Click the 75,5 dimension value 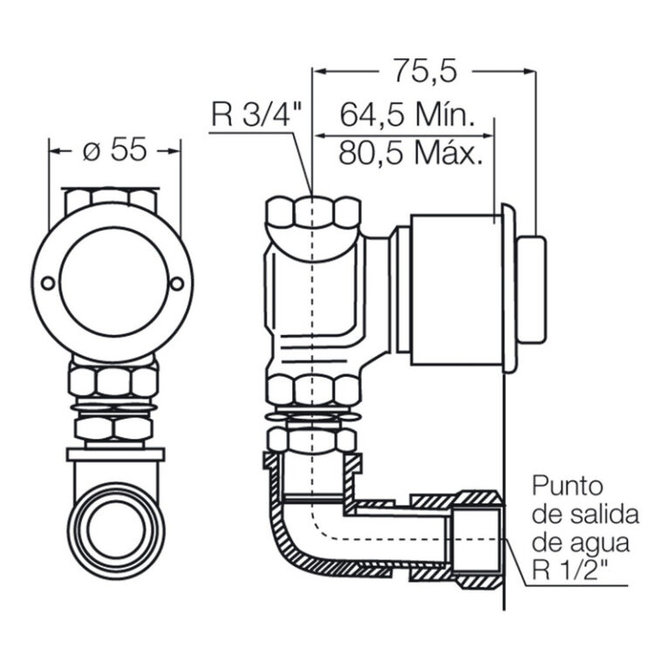pyautogui.click(x=425, y=71)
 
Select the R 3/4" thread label pyautogui.click(x=256, y=114)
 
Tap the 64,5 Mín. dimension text pyautogui.click(x=407, y=114)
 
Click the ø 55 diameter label pyautogui.click(x=114, y=150)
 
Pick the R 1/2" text pyautogui.click(x=570, y=570)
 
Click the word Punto pyautogui.click(x=567, y=487)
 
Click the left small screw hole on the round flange pyautogui.click(x=47, y=283)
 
